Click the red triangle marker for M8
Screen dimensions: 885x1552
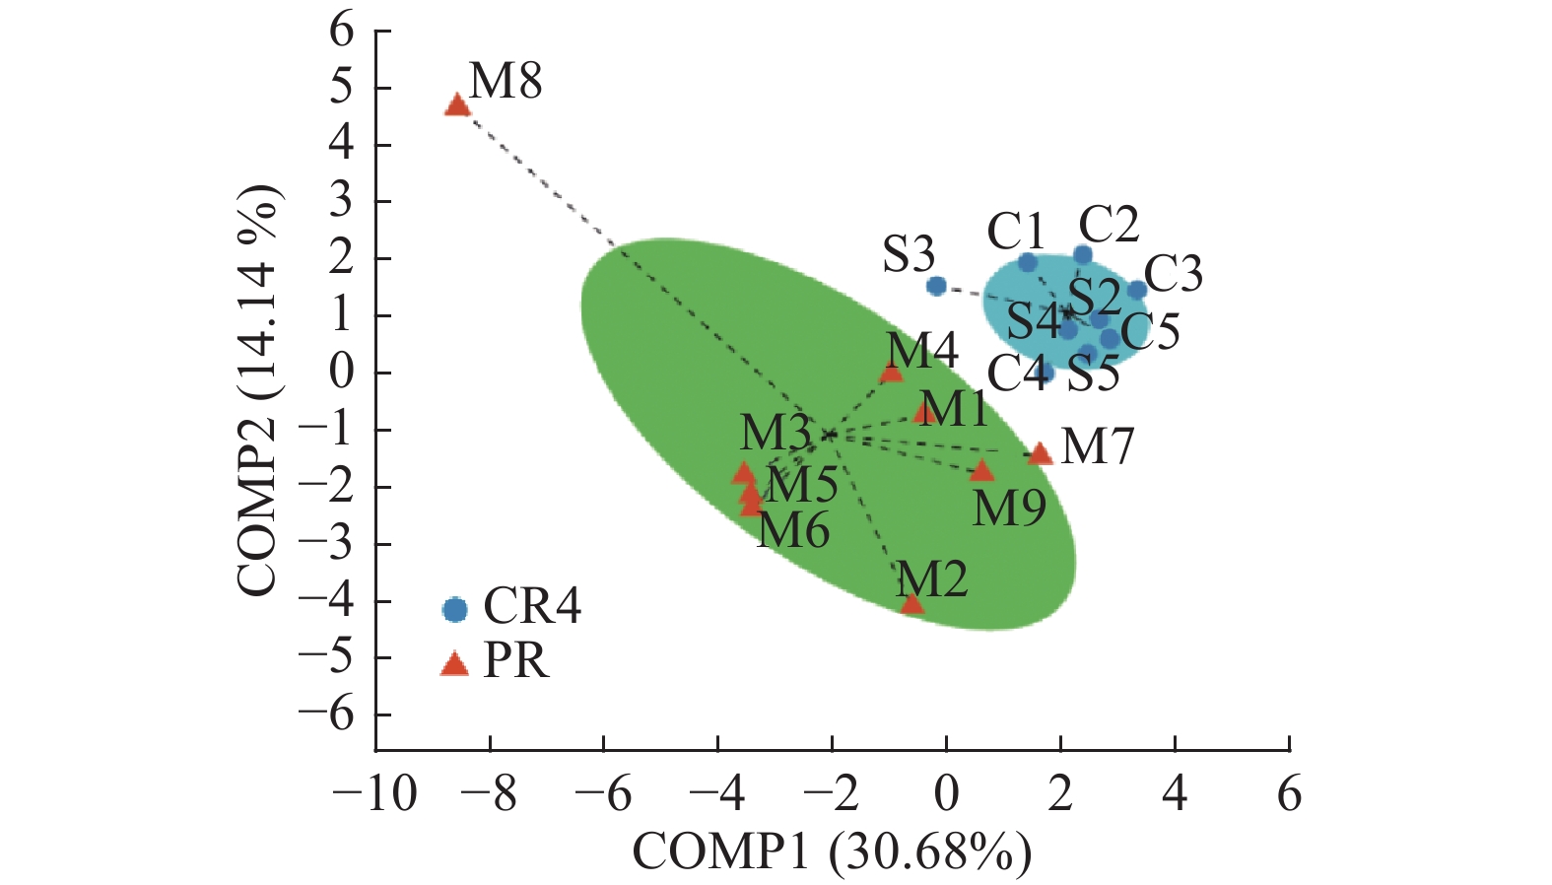click(457, 105)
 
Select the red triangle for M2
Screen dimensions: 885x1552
click(912, 603)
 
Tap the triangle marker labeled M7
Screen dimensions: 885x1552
click(1040, 453)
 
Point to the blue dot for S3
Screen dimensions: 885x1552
click(936, 286)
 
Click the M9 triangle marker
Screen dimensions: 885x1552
click(981, 471)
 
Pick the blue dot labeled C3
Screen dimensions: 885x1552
click(1136, 290)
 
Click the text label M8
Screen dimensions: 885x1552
click(506, 82)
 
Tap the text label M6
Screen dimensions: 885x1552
click(793, 531)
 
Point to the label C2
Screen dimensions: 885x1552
click(1109, 225)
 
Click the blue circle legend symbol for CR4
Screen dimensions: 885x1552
click(454, 609)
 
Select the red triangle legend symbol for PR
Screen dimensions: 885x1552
click(454, 664)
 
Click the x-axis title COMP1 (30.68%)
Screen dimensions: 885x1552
click(832, 852)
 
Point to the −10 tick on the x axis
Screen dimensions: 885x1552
click(374, 793)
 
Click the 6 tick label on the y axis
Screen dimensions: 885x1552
click(341, 31)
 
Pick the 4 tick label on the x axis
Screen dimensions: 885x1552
click(1175, 793)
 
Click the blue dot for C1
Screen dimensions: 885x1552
click(1027, 262)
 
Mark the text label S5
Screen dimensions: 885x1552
click(1094, 375)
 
